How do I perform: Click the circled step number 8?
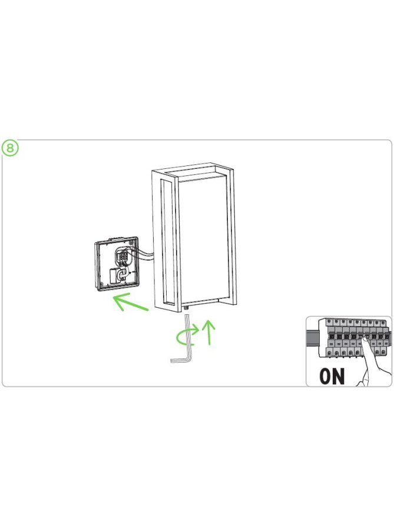click(10, 148)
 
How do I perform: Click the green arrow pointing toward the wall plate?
click(131, 302)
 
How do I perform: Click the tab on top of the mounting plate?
click(115, 239)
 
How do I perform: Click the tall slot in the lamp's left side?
click(167, 242)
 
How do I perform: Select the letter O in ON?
click(325, 376)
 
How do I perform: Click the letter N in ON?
click(339, 376)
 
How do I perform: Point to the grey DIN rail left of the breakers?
click(312, 337)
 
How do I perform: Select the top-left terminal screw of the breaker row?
click(329, 322)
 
